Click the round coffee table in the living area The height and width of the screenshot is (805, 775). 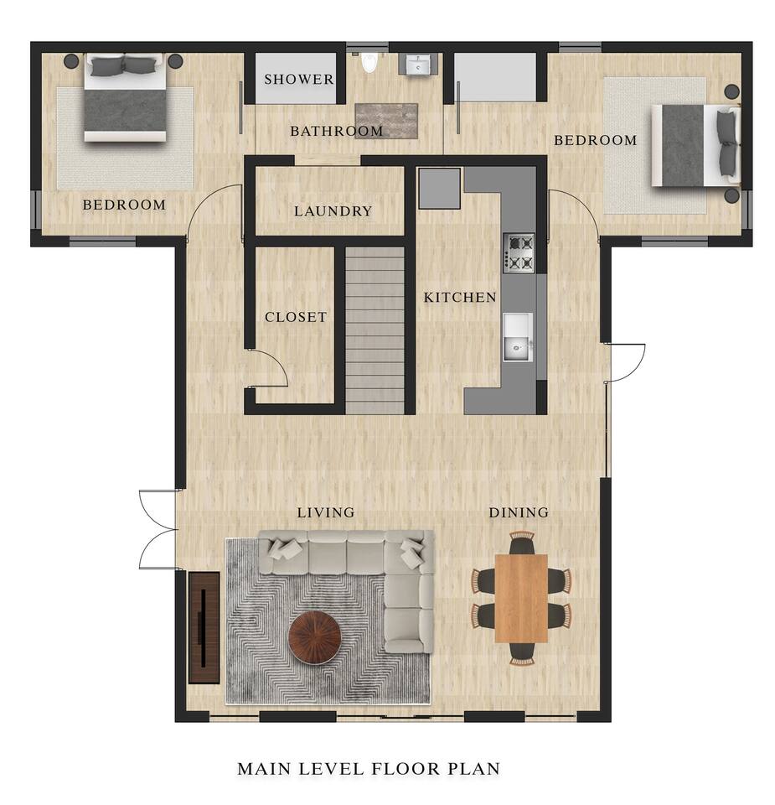[x=314, y=637]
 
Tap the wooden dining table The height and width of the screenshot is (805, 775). [x=522, y=598]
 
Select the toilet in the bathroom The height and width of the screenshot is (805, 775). [x=369, y=62]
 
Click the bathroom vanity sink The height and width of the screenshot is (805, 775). [x=419, y=65]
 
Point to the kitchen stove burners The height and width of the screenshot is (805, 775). [x=519, y=252]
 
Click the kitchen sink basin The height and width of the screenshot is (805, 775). [x=518, y=337]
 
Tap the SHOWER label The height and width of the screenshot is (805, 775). [x=299, y=79]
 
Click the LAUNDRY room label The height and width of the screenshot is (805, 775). [x=333, y=211]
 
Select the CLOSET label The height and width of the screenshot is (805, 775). [x=296, y=317]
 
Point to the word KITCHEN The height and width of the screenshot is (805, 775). [x=460, y=297]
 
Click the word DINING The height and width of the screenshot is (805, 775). [x=519, y=512]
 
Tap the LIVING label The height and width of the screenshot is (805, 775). [x=326, y=512]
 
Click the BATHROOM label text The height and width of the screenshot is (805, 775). [x=337, y=131]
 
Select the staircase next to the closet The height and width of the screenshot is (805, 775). [x=375, y=330]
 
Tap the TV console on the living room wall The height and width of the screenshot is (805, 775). [x=204, y=628]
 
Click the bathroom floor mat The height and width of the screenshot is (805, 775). [x=387, y=121]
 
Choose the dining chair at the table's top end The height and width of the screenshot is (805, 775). [x=522, y=543]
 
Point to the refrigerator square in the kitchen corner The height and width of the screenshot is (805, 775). [x=440, y=189]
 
